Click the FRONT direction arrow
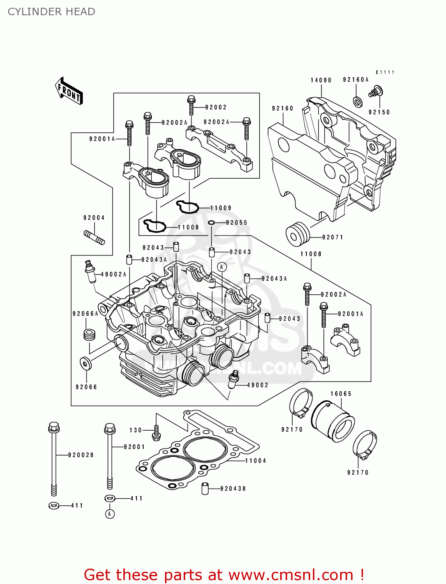click(x=69, y=91)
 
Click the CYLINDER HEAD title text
click(x=51, y=12)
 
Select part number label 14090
click(x=321, y=80)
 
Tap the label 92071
click(x=332, y=237)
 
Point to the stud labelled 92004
click(x=94, y=237)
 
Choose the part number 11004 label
click(x=255, y=461)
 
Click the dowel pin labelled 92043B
click(x=205, y=489)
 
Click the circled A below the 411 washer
click(x=110, y=514)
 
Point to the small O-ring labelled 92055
click(x=211, y=223)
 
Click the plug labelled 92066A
click(x=90, y=335)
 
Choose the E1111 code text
click(x=385, y=72)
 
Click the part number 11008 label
click(x=311, y=254)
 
